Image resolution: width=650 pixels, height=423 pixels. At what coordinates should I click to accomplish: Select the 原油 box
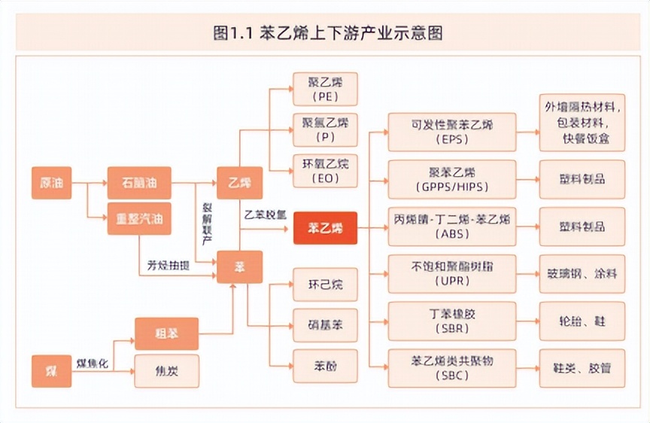pos(51,182)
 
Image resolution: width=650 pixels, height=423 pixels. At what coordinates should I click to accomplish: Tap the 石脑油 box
pos(139,182)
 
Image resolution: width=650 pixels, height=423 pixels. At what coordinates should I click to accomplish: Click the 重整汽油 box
pos(139,219)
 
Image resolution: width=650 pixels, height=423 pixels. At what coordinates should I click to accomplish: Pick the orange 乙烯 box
pos(239,182)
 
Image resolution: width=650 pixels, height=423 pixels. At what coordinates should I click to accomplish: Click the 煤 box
pos(51,370)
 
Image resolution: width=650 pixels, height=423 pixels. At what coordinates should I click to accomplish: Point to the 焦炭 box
pos(166,370)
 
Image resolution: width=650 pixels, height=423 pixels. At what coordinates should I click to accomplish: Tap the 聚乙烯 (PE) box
pos(325,89)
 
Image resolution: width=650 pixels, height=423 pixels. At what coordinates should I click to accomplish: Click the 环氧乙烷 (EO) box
pos(325,171)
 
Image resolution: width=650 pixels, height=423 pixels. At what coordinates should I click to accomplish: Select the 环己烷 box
pos(325,285)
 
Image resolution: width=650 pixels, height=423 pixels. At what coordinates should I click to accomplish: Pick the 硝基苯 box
pos(325,325)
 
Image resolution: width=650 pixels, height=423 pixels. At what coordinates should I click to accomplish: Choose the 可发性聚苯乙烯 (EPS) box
pos(452,131)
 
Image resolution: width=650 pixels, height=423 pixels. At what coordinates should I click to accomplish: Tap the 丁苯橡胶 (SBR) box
pos(452,321)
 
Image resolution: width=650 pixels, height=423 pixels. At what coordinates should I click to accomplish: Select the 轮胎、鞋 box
pos(582,321)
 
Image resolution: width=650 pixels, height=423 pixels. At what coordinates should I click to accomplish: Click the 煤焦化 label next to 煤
pos(93,364)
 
